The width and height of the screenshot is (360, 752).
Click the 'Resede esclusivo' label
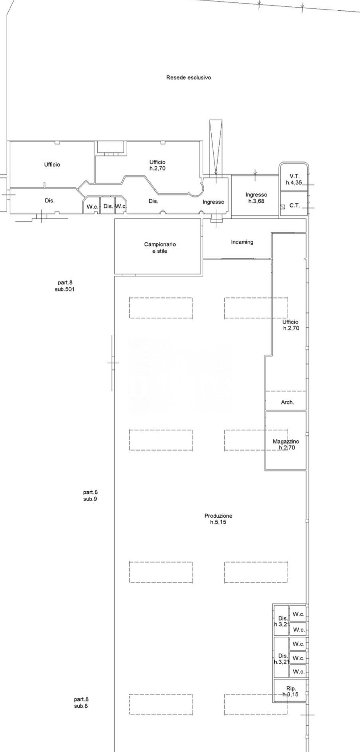pyautogui.click(x=189, y=78)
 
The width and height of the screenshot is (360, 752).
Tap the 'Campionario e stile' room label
pyautogui.click(x=159, y=248)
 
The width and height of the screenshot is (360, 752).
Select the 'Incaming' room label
pyautogui.click(x=242, y=242)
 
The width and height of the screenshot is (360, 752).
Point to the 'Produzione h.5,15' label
pyautogui.click(x=218, y=519)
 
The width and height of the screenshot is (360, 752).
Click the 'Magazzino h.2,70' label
pyautogui.click(x=286, y=444)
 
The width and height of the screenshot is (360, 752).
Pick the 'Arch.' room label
pyautogui.click(x=287, y=403)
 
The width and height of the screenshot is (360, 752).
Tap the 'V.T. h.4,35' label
pyautogui.click(x=294, y=179)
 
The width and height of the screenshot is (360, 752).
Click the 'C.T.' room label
pyautogui.click(x=295, y=206)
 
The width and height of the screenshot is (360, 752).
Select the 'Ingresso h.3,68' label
pyautogui.click(x=256, y=198)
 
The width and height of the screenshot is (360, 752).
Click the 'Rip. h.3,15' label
pyautogui.click(x=291, y=691)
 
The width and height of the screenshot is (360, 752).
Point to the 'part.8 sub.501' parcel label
pyautogui.click(x=65, y=286)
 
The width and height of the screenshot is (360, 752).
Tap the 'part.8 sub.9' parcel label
pyautogui.click(x=90, y=496)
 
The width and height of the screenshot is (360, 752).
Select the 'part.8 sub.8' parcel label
pyautogui.click(x=81, y=703)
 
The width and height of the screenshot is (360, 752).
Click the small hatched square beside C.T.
pyautogui.click(x=283, y=206)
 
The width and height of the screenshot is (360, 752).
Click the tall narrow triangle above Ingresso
pyautogui.click(x=216, y=147)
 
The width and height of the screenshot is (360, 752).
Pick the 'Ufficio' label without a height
pyautogui.click(x=52, y=165)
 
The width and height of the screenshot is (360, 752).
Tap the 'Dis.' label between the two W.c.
pyautogui.click(x=108, y=206)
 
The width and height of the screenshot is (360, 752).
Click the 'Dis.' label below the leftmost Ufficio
pyautogui.click(x=49, y=201)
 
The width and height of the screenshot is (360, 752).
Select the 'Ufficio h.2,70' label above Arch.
pyautogui.click(x=291, y=325)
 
